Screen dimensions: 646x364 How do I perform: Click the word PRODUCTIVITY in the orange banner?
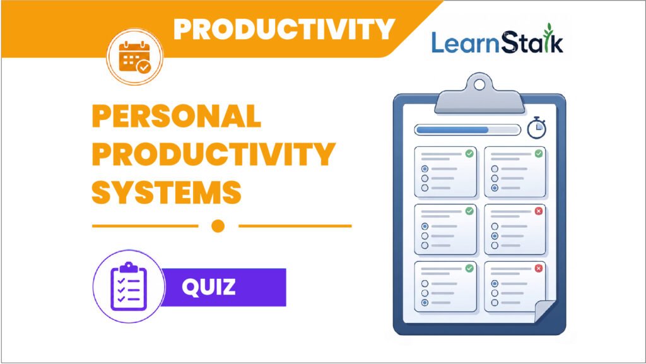click(x=285, y=29)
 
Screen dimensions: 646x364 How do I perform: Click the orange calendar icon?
click(x=134, y=57)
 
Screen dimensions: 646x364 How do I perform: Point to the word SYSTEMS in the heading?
click(x=167, y=192)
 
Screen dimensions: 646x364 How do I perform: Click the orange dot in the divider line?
click(x=218, y=226)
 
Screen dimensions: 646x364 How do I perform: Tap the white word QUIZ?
click(x=209, y=287)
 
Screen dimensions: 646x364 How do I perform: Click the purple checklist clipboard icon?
click(x=129, y=286)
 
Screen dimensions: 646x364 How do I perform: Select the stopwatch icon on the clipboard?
click(x=536, y=128)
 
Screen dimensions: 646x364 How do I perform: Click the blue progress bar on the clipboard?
click(x=452, y=130)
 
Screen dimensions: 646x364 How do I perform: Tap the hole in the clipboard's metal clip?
click(x=479, y=85)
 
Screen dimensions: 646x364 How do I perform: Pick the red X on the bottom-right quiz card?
click(x=539, y=269)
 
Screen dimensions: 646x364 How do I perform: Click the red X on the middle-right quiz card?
click(x=539, y=211)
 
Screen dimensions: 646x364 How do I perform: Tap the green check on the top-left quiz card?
click(x=469, y=153)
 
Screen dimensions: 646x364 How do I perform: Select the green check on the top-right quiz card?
click(x=539, y=153)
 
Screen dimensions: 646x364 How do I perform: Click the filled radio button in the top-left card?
click(x=425, y=169)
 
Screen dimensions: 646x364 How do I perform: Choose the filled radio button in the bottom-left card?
click(x=425, y=303)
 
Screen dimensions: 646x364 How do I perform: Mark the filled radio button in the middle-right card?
click(x=495, y=236)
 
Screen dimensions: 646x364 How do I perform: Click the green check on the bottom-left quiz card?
click(x=469, y=269)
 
